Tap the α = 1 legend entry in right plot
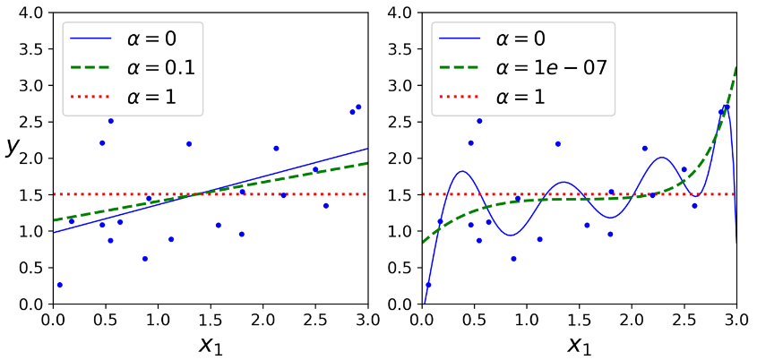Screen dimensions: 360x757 pyautogui.click(x=503, y=96)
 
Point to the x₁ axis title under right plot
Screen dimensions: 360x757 pyautogui.click(x=579, y=344)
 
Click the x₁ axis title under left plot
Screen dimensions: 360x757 pyautogui.click(x=211, y=344)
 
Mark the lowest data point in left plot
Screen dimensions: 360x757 pyautogui.click(x=59, y=285)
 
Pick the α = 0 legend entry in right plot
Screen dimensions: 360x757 pyautogui.click(x=503, y=39)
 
